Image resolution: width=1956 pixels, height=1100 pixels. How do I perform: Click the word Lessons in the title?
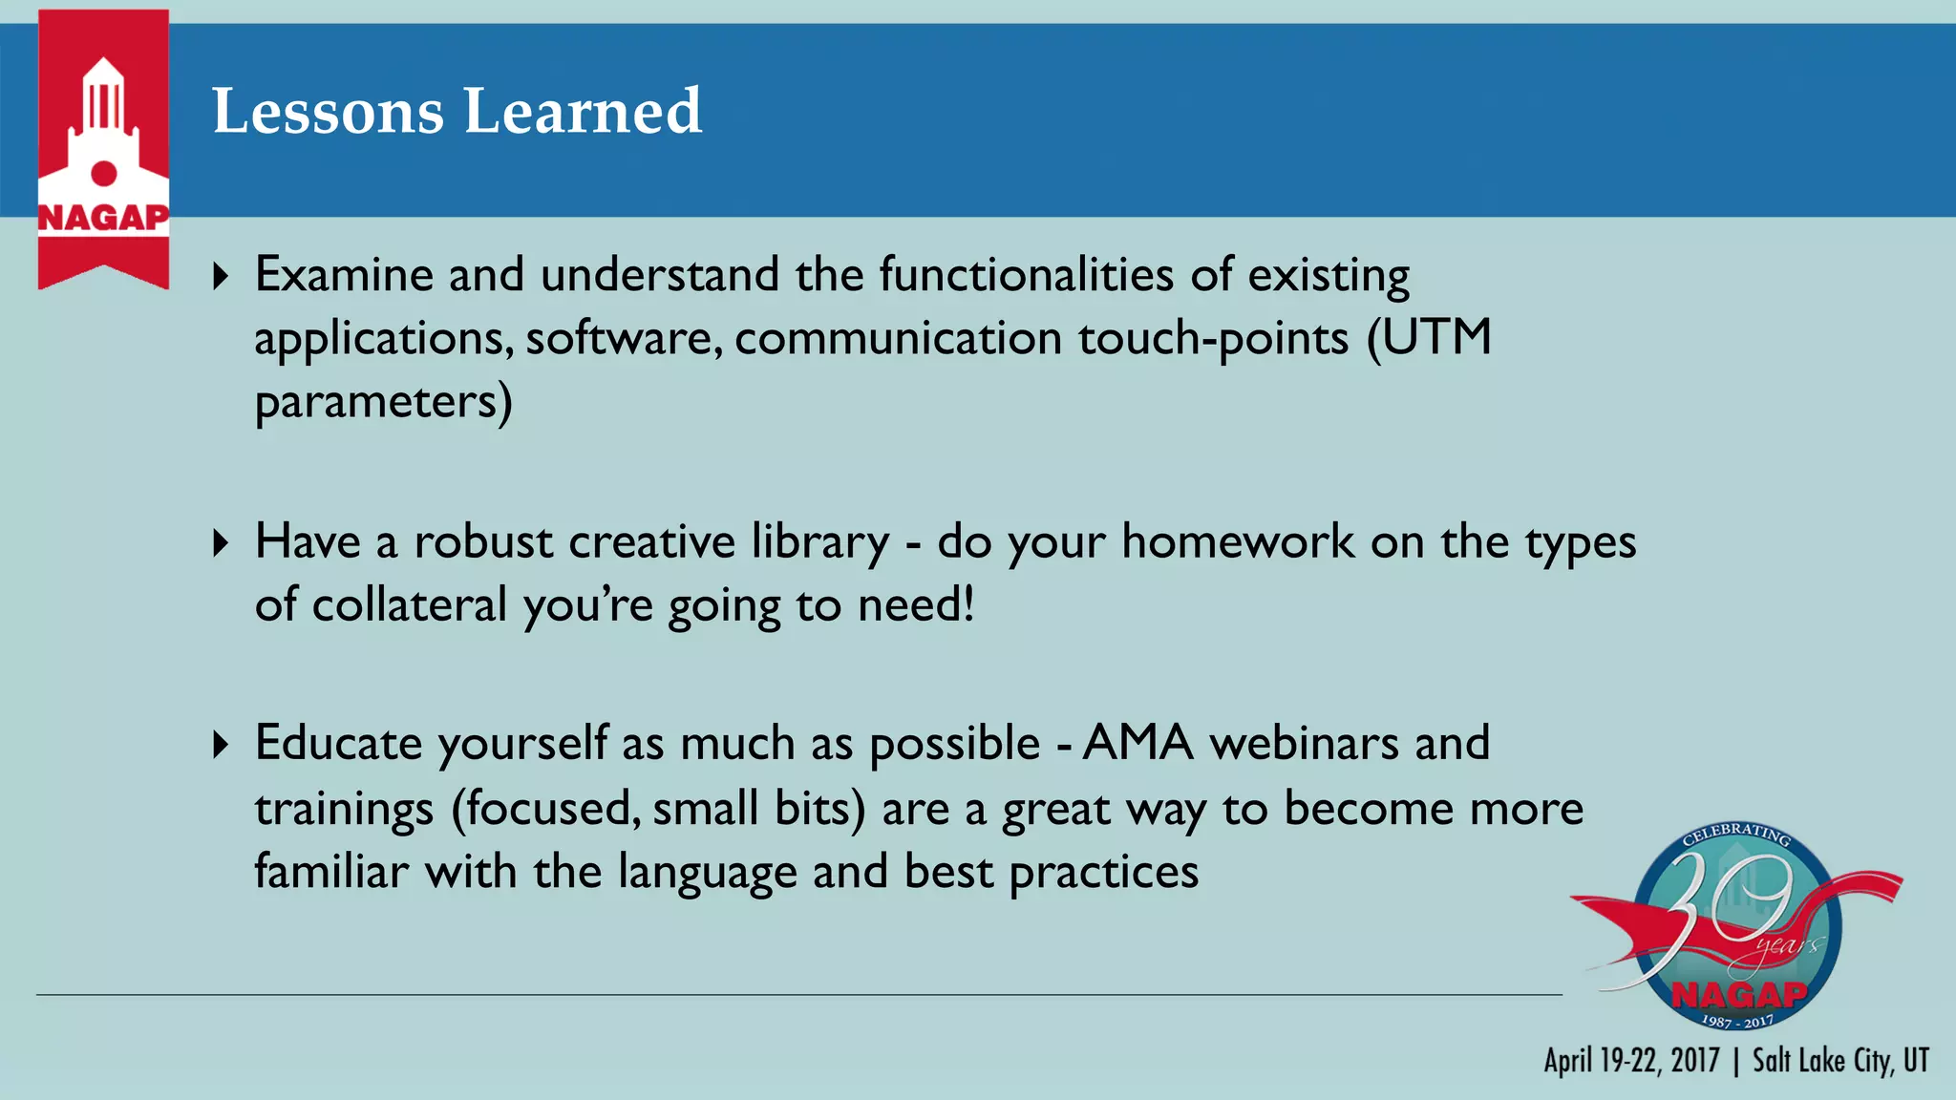coord(328,111)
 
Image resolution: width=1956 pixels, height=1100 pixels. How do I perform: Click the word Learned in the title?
coord(583,111)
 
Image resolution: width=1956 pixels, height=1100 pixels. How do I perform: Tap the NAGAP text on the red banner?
coord(103,218)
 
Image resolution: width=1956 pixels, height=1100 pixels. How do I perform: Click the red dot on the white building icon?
coord(103,173)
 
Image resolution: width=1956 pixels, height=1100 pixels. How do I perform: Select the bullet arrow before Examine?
coord(221,277)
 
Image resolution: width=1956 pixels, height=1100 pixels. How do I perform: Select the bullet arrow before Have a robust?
coord(221,543)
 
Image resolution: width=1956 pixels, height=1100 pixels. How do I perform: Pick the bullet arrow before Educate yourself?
coord(221,745)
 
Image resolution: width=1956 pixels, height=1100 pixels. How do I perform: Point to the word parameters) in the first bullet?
coord(383,402)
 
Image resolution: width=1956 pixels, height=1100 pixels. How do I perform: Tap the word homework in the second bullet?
coord(1238,541)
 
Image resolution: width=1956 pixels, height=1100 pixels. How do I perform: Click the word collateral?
coord(409,605)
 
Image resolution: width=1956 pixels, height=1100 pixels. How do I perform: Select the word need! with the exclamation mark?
coord(916,605)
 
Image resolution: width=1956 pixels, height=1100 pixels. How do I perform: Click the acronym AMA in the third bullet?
coord(1137,743)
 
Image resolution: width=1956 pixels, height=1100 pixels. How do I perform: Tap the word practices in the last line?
coord(1103,872)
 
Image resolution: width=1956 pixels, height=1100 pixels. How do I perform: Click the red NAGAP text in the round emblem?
coord(1739,995)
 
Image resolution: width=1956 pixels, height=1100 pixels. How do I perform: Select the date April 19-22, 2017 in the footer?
coord(1631,1061)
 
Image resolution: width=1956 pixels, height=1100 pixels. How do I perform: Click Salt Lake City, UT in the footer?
coord(1840,1061)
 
